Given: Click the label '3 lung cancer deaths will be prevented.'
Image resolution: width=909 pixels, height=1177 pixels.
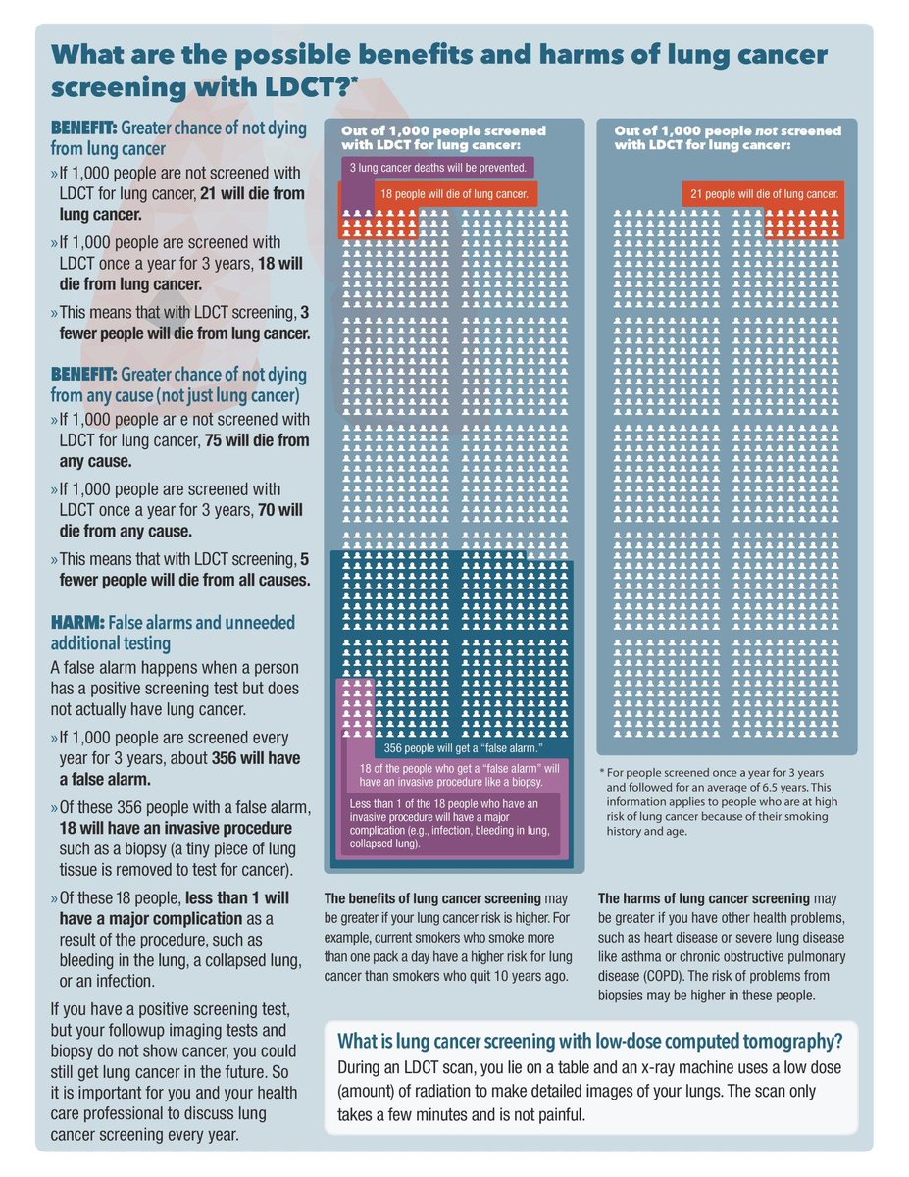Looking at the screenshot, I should pos(438,168).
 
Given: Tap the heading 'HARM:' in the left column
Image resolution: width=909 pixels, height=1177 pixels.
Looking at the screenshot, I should pos(76,623).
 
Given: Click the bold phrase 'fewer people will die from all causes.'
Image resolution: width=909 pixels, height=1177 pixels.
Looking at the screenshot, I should pos(180,580).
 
